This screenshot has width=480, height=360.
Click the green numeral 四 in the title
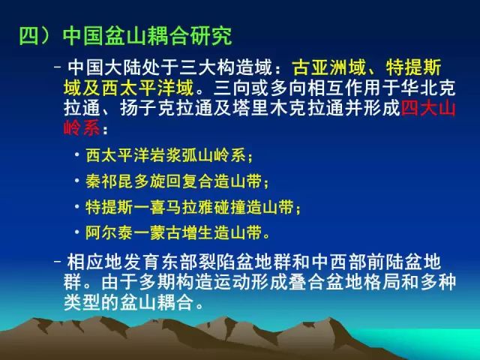pos(29,36)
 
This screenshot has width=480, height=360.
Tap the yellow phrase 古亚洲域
pos(329,67)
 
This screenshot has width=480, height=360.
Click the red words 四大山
pos(428,109)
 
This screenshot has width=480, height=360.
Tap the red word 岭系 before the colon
pos(82,128)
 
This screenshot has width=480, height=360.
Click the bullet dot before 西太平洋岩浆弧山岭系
pos(76,154)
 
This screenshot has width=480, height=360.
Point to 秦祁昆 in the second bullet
pos(109,181)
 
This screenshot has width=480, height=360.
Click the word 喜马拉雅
pos(181,207)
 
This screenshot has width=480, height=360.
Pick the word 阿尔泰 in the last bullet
pos(109,233)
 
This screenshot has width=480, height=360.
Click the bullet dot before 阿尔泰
pos(76,232)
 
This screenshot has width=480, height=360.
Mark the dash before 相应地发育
pos(58,261)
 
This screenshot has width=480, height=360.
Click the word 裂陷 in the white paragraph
pos(207,262)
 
